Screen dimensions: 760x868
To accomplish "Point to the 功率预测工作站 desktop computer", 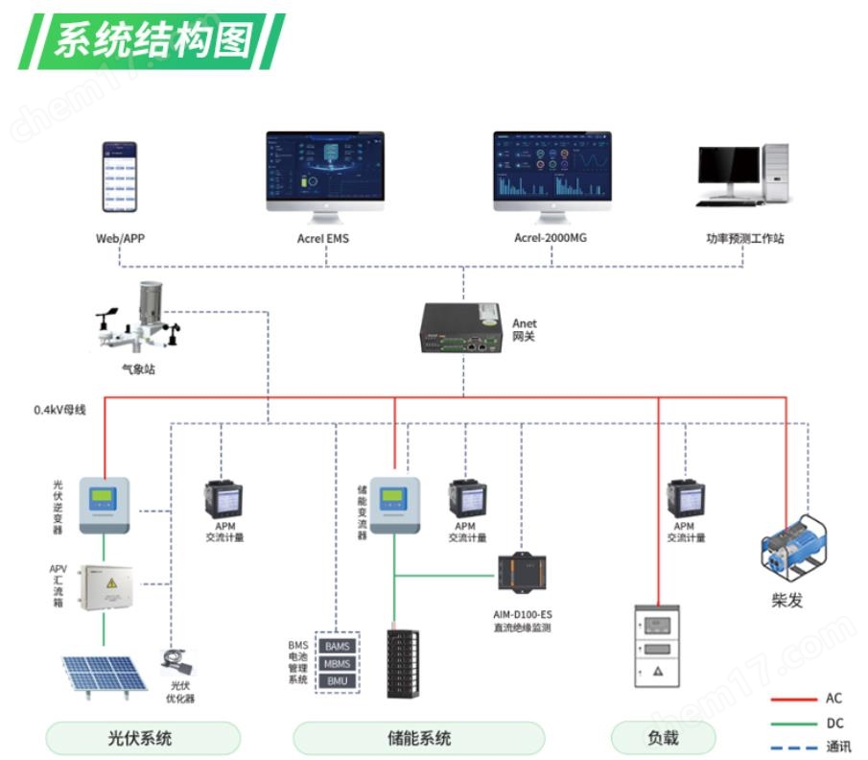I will tap(743, 174).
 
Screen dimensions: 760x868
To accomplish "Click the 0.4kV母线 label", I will tap(60, 410).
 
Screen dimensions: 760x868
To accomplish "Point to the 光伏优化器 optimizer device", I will tap(177, 662).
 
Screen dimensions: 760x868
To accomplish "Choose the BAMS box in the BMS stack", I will tap(337, 647).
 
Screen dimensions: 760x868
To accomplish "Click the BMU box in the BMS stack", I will tap(337, 681).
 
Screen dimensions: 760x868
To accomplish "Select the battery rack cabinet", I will tap(402, 663).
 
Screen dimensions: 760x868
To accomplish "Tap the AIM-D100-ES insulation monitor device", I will tap(522, 574).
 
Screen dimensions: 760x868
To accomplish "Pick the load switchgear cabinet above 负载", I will tap(658, 646).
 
